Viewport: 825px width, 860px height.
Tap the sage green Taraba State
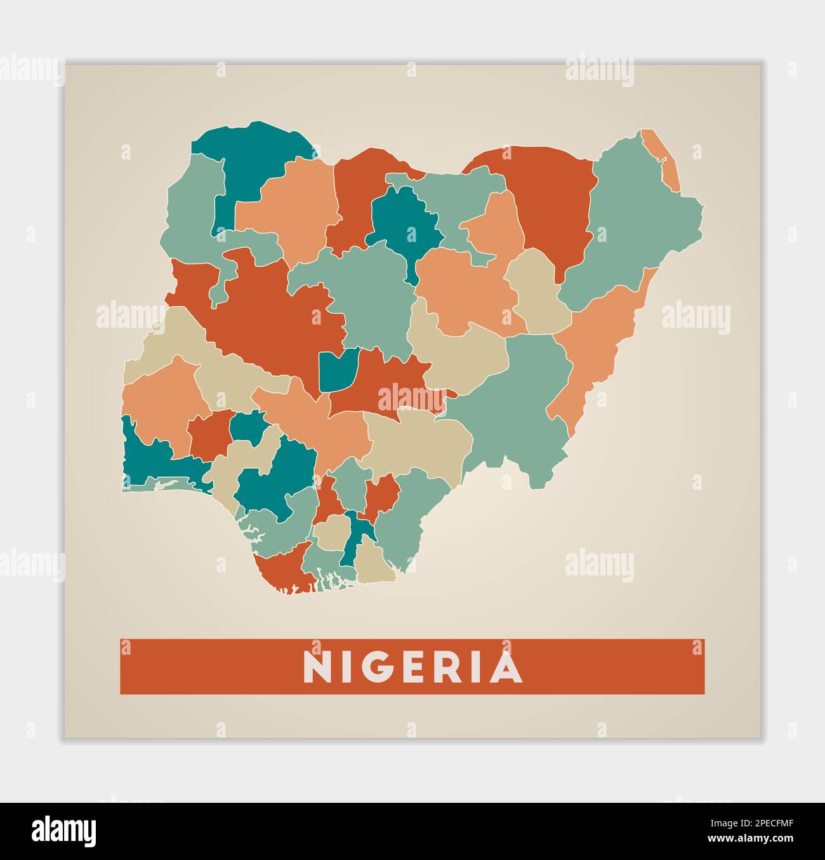click(x=514, y=400)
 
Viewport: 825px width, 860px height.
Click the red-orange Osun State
click(x=209, y=435)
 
